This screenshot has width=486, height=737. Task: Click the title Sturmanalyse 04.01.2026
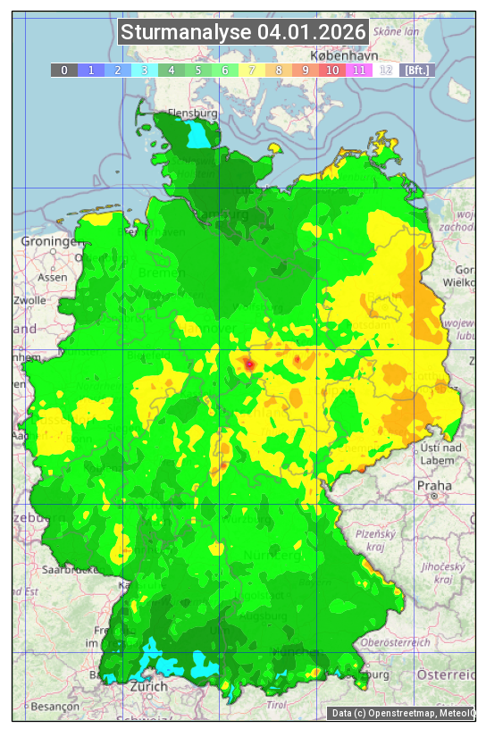243,33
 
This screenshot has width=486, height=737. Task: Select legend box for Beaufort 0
64,70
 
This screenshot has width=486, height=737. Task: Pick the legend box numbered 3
145,70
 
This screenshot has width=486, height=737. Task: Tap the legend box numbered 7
252,70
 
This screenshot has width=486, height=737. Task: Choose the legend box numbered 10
332,70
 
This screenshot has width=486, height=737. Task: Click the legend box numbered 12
386,70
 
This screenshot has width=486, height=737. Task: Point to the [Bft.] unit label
416,70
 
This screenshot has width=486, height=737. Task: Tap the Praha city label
433,485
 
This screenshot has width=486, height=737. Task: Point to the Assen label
53,277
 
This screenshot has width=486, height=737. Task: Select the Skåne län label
397,30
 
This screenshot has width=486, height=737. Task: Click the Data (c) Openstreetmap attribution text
402,713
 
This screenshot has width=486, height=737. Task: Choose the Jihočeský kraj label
444,573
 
